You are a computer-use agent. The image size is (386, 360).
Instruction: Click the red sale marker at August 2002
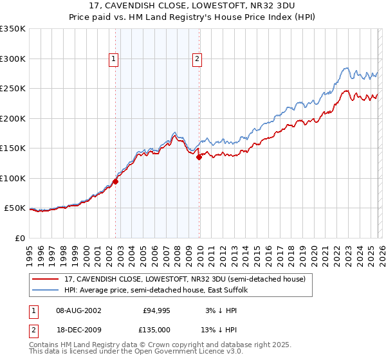coord(116,181)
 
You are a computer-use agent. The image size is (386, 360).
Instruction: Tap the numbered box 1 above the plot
coord(113,60)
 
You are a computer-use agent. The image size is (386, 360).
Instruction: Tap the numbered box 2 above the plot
coord(196,60)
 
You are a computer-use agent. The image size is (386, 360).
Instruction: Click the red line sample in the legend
coord(46,279)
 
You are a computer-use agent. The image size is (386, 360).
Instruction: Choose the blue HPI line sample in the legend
coord(46,290)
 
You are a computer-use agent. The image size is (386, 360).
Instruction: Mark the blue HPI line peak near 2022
coord(345,67)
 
